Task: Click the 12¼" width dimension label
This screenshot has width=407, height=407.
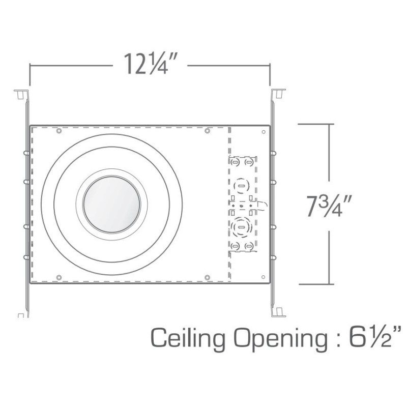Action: click(x=150, y=64)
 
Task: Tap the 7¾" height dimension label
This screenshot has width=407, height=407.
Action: click(x=329, y=206)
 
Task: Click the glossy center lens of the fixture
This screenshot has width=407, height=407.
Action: click(x=111, y=205)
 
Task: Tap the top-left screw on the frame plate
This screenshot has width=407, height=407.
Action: click(x=59, y=131)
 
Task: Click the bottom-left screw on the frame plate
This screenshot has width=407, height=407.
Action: click(x=59, y=277)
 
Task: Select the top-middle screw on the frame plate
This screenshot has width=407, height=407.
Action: click(x=207, y=131)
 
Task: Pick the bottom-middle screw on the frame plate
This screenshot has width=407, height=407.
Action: click(x=207, y=277)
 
